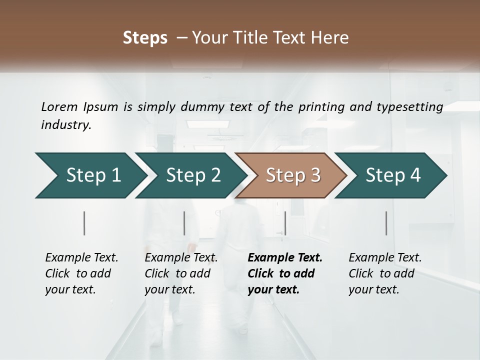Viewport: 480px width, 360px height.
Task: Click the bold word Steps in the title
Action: (x=145, y=38)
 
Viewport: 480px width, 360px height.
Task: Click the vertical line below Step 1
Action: (x=84, y=223)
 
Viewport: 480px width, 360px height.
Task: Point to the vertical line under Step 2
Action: (x=184, y=223)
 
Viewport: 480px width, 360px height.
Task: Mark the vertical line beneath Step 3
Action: (x=285, y=223)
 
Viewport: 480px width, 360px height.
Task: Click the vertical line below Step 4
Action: (x=386, y=223)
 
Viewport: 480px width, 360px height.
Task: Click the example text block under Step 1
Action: (x=81, y=273)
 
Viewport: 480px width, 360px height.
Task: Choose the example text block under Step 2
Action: (x=180, y=273)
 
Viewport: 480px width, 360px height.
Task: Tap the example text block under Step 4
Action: (x=384, y=273)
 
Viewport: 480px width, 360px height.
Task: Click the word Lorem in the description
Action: (x=59, y=106)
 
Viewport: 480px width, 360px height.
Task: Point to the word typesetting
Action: (x=412, y=106)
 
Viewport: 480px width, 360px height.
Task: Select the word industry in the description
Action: (x=65, y=125)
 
